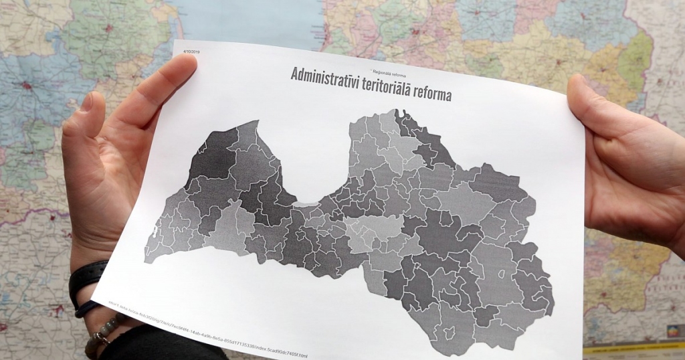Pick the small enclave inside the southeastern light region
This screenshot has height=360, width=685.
[503, 273]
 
